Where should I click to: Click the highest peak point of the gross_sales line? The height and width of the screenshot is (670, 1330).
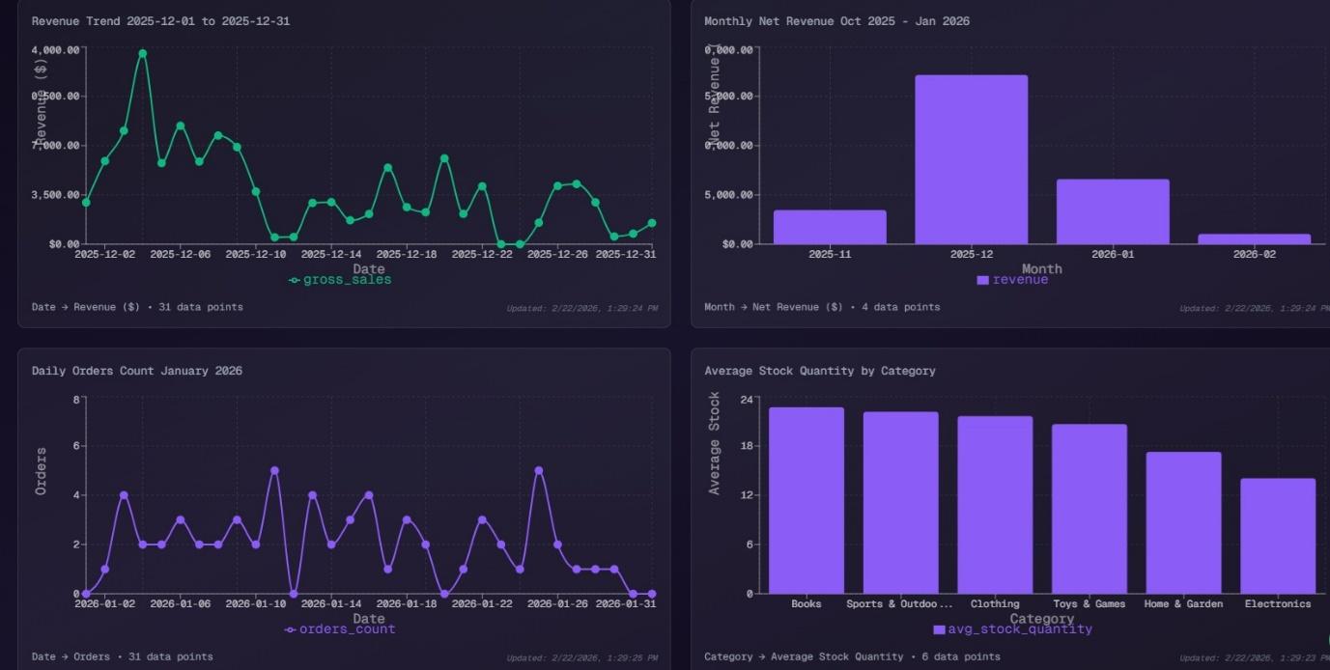click(142, 54)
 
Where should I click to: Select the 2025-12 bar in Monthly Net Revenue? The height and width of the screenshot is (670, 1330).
click(971, 159)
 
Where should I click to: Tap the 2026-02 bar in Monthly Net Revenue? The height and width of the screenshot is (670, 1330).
click(1254, 238)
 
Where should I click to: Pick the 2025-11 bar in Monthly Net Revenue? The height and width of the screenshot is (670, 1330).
click(830, 227)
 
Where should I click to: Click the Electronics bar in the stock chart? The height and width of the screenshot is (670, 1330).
click(1277, 536)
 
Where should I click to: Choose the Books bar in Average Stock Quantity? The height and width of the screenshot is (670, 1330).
click(806, 500)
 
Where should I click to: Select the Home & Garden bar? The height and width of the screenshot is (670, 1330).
click(1183, 522)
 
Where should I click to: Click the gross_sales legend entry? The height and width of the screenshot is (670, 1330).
click(340, 280)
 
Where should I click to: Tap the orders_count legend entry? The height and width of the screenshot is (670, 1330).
click(340, 629)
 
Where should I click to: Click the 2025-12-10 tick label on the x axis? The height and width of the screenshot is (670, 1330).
click(255, 255)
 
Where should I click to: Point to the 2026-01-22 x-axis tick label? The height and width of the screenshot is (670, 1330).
click(482, 604)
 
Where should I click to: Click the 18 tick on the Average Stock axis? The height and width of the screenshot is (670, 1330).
click(746, 446)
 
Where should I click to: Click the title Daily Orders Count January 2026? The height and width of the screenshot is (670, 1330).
click(136, 371)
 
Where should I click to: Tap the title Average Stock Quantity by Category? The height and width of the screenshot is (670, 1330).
click(819, 371)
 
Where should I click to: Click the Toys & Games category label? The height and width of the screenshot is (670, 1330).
click(1089, 604)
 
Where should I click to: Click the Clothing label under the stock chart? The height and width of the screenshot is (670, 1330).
click(995, 604)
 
